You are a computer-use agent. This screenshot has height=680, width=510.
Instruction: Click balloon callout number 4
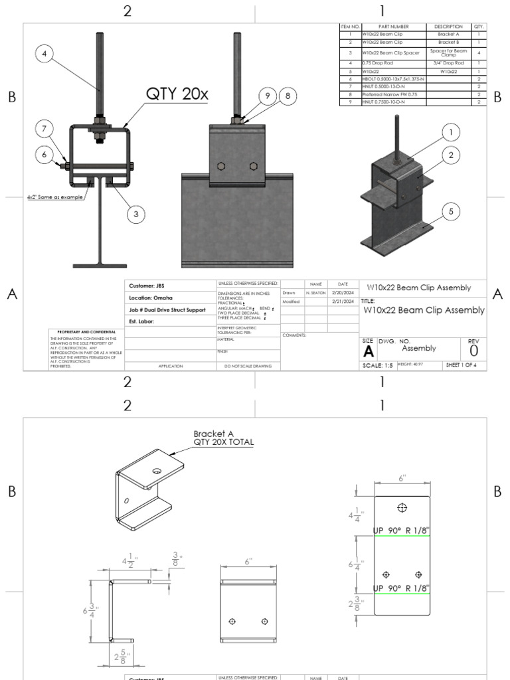click(x=44, y=56)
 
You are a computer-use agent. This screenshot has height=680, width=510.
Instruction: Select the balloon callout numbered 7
click(x=44, y=127)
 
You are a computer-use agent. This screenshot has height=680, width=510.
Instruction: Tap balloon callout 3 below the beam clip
click(x=135, y=214)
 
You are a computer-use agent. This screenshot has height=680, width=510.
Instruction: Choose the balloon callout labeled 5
click(x=450, y=212)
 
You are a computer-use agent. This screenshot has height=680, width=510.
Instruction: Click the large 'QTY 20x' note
click(x=177, y=94)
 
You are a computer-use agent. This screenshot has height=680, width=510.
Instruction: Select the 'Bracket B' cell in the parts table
click(x=449, y=42)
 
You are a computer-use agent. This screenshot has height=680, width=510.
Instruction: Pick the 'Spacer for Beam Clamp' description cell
click(x=449, y=52)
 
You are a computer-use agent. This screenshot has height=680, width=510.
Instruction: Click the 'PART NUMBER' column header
click(x=394, y=27)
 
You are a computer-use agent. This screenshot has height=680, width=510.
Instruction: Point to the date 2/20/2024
click(x=343, y=292)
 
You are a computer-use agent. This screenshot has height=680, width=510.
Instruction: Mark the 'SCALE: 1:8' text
click(x=379, y=365)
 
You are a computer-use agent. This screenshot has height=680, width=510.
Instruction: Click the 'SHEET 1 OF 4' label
click(x=465, y=365)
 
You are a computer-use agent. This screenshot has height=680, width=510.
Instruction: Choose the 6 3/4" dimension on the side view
click(x=95, y=610)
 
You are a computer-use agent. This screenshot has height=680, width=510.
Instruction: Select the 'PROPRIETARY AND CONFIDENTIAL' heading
click(x=86, y=331)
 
